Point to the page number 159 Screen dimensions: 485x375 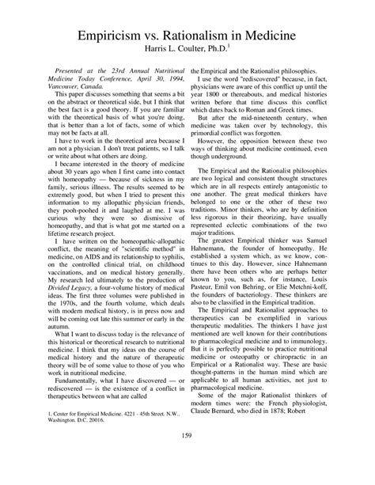187,455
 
